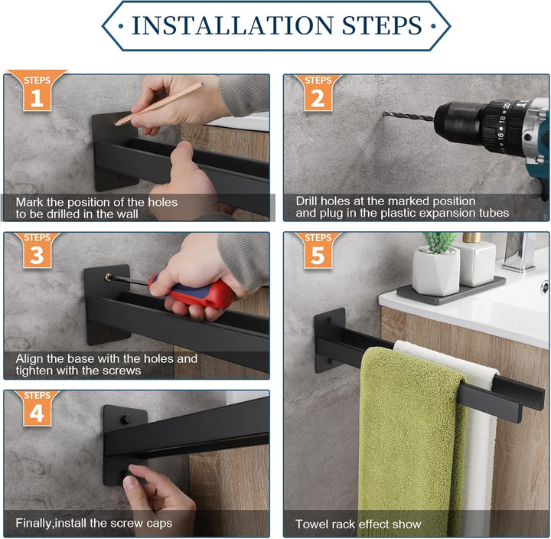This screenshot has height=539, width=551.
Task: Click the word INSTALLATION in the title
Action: click(x=233, y=25)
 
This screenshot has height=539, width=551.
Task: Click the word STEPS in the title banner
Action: click(x=382, y=25)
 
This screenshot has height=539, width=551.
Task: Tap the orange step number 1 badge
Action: click(x=37, y=90)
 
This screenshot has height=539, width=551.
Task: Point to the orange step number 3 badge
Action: click(x=37, y=250)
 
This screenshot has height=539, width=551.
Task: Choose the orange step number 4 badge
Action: click(x=37, y=408)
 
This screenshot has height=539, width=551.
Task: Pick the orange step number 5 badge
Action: click(x=318, y=250)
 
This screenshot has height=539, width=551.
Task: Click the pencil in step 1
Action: click(x=159, y=103)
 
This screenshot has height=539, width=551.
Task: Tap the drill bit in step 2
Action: click(x=409, y=116)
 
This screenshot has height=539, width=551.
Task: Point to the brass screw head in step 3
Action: click(x=108, y=277)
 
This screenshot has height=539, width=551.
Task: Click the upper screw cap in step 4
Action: click(x=125, y=419)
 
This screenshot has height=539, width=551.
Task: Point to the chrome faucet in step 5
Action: click(x=521, y=251)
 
